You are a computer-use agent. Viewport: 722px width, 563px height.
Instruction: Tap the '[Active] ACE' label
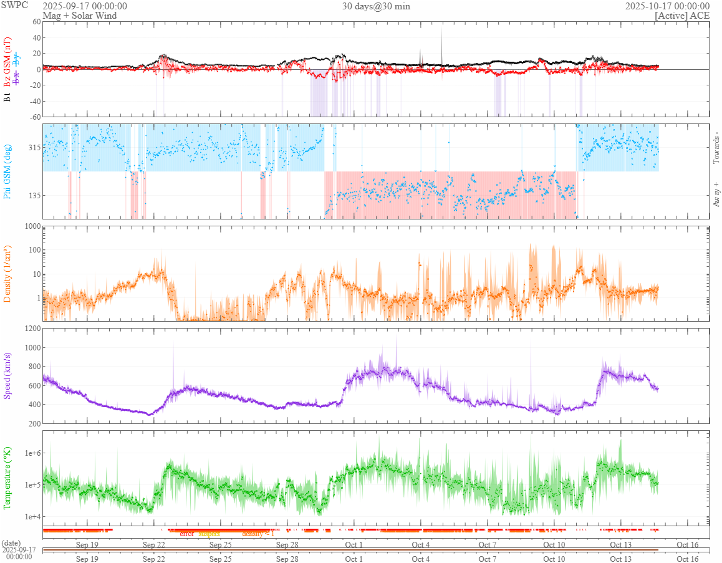pyautogui.click(x=682, y=16)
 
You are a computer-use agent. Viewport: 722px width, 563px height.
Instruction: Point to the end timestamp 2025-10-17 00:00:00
pyautogui.click(x=667, y=6)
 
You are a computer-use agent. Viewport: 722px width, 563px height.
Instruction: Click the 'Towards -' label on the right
pyautogui.click(x=716, y=148)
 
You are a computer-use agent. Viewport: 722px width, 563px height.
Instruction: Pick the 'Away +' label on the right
pyautogui.click(x=716, y=195)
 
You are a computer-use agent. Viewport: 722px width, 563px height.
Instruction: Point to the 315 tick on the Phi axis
pyautogui.click(x=33, y=148)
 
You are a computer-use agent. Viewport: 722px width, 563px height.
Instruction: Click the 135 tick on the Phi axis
pyautogui.click(x=33, y=195)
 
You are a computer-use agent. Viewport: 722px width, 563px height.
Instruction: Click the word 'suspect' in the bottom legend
pyautogui.click(x=209, y=534)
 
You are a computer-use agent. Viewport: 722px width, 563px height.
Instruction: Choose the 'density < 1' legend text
pyautogui.click(x=258, y=534)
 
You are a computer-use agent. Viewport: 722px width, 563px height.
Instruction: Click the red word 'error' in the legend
pyautogui.click(x=186, y=534)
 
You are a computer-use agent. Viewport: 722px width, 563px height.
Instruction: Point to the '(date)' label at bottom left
pyautogui.click(x=12, y=544)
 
